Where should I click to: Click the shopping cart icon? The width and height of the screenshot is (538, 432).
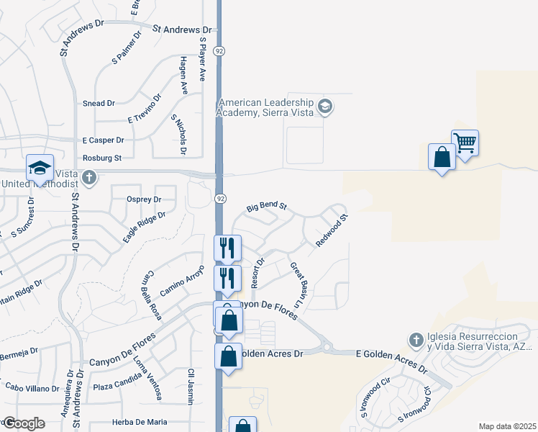(x=465, y=143)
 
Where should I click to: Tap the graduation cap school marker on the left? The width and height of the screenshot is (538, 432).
(x=40, y=168)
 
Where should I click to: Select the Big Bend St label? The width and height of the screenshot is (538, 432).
(x=266, y=207)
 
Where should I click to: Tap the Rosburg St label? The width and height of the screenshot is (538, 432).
(x=102, y=157)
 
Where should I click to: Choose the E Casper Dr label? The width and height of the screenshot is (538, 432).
(x=103, y=140)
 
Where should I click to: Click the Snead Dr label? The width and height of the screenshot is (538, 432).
(x=99, y=104)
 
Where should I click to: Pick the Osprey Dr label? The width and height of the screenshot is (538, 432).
(x=142, y=199)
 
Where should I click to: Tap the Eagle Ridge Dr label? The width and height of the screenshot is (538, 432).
(x=145, y=226)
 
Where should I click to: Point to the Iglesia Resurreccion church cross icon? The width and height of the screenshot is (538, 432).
(x=415, y=339)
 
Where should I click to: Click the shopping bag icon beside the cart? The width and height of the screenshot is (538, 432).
(x=441, y=157)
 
